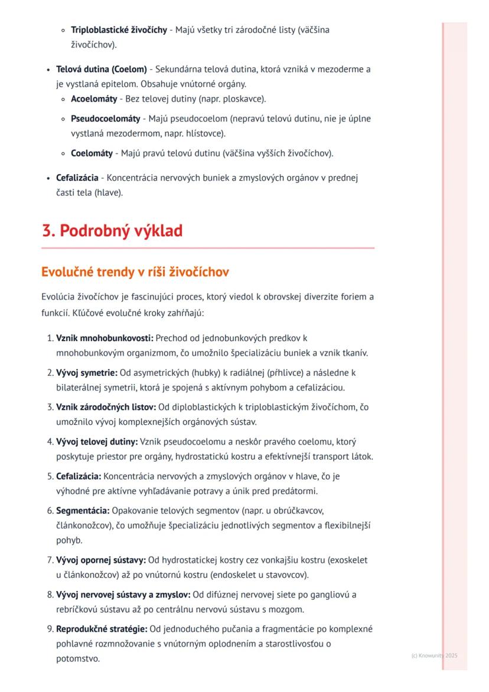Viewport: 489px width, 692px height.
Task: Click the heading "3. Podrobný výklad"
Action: point(112,230)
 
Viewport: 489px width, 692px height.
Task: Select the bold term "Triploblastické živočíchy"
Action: point(119,30)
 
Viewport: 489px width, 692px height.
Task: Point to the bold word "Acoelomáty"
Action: point(94,99)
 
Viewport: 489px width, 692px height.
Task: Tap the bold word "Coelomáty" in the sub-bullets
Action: point(92,154)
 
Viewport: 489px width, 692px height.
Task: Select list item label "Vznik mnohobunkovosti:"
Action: point(105,338)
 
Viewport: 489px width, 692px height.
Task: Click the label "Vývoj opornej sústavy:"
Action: point(100,560)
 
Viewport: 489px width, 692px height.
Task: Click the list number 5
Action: point(50,476)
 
